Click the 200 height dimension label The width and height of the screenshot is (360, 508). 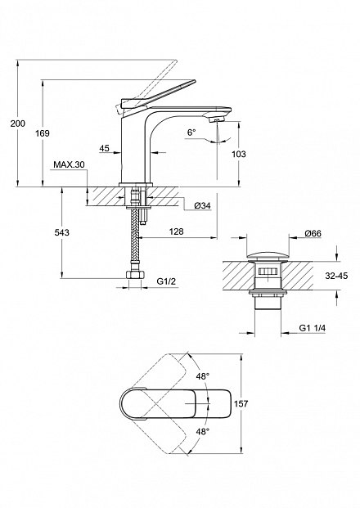pos(18,124)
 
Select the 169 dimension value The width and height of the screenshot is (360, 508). pos(43,133)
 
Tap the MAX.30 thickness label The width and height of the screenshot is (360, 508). pos(69,164)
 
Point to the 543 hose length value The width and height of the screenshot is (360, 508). pos(62,232)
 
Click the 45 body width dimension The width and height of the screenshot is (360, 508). pos(104,148)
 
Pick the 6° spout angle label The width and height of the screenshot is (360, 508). pos(191,133)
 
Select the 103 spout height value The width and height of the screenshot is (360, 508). pos(239,154)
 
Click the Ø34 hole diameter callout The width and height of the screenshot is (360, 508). pos(203,205)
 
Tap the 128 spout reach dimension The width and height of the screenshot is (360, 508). pos(176,232)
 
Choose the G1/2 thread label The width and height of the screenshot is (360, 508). pos(166,281)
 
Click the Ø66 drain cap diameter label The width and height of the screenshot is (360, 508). pos(313,233)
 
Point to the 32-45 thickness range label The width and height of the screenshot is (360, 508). pos(336,276)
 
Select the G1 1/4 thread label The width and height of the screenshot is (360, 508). pos(313,328)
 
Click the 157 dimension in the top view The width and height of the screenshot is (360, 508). pos(241,403)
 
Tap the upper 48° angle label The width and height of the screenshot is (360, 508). pos(203,376)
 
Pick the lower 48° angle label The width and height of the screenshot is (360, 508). pos(203,432)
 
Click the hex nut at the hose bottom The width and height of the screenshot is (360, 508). pos(135,276)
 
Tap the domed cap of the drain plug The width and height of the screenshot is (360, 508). pos(268,255)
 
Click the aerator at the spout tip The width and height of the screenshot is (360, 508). pos(216,120)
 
